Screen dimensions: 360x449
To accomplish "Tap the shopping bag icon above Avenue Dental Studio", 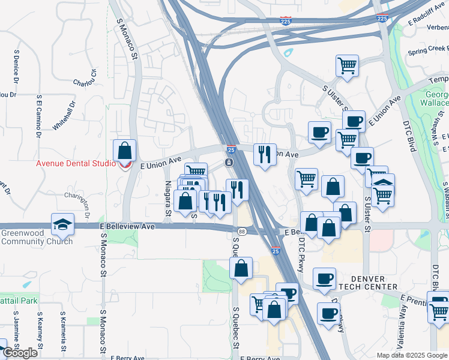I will [x=124, y=150].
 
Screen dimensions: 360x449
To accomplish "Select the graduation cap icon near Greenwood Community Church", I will [x=62, y=224].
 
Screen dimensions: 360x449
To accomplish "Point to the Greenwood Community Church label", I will [x=37, y=238].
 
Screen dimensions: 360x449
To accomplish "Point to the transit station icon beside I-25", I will [x=229, y=163].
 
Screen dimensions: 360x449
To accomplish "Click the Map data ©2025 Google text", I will [x=412, y=355].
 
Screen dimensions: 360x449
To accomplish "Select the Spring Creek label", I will [x=427, y=52].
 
